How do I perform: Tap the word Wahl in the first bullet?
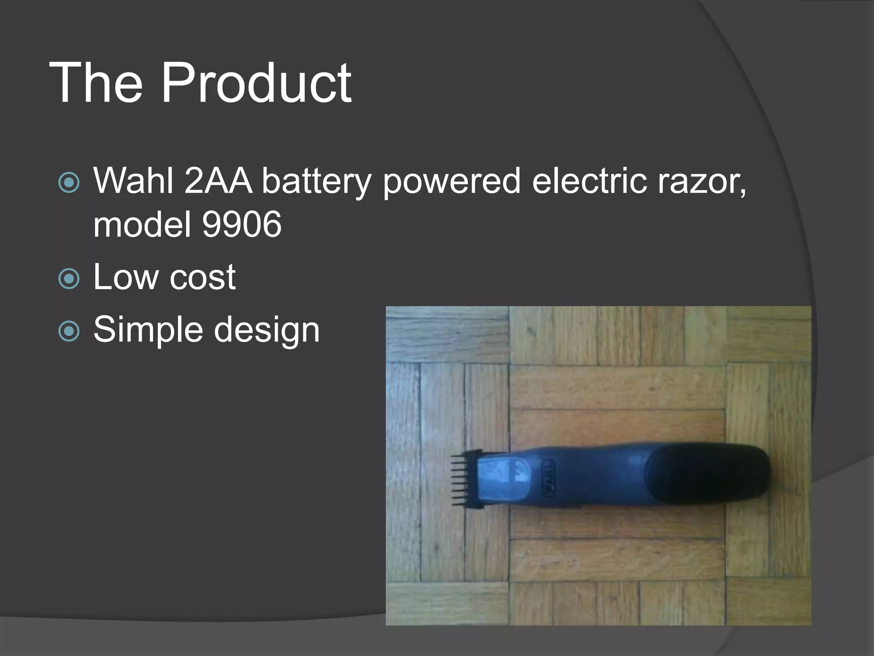tap(133, 181)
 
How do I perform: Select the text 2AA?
tap(218, 181)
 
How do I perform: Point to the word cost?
tap(203, 278)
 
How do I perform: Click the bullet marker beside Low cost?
tap(69, 279)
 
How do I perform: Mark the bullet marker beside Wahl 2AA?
tap(69, 183)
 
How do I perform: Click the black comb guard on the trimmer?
tap(466, 478)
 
